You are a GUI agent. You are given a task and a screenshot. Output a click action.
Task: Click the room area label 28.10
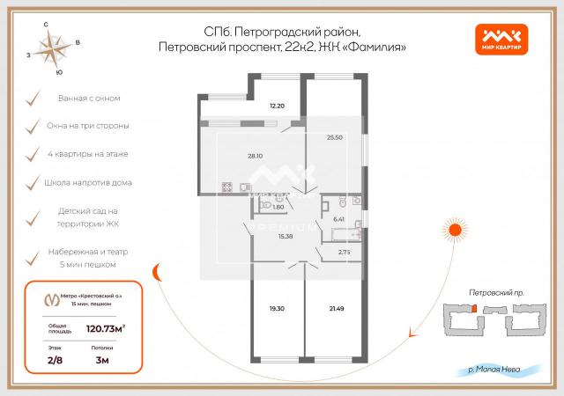[255, 156]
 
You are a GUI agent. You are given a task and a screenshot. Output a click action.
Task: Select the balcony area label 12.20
[277, 106]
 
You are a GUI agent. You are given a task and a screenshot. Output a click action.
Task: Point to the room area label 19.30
[276, 309]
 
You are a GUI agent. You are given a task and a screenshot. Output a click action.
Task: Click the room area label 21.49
[334, 309]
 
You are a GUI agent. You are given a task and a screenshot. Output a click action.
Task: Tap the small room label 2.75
[344, 253]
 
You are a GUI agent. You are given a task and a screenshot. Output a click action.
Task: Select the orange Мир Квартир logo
[504, 38]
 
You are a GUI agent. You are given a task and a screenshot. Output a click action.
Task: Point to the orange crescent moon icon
[160, 274]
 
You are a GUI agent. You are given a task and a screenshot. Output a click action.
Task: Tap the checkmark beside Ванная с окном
[33, 99]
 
